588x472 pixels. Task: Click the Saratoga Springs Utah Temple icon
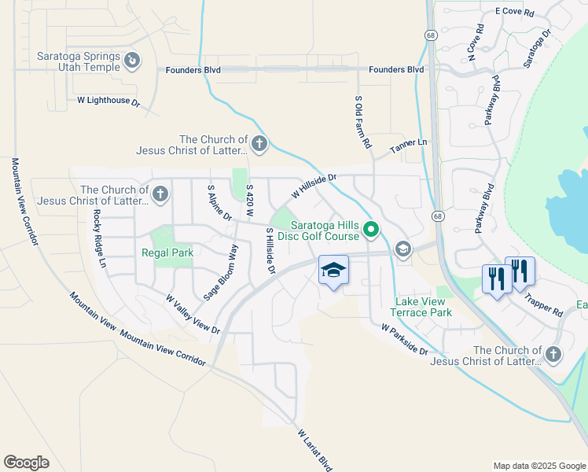133,59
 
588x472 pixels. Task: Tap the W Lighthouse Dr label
108,101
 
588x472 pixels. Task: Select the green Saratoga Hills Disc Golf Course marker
370,230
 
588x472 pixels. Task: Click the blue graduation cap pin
333,270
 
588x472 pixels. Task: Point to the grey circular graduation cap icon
402,249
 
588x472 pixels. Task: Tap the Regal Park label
167,253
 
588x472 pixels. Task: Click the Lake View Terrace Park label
424,307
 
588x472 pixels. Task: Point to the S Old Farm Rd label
362,122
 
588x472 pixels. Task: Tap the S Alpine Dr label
219,203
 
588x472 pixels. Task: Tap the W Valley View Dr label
193,313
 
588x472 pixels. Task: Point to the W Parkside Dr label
405,339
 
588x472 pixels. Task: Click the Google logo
27,462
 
